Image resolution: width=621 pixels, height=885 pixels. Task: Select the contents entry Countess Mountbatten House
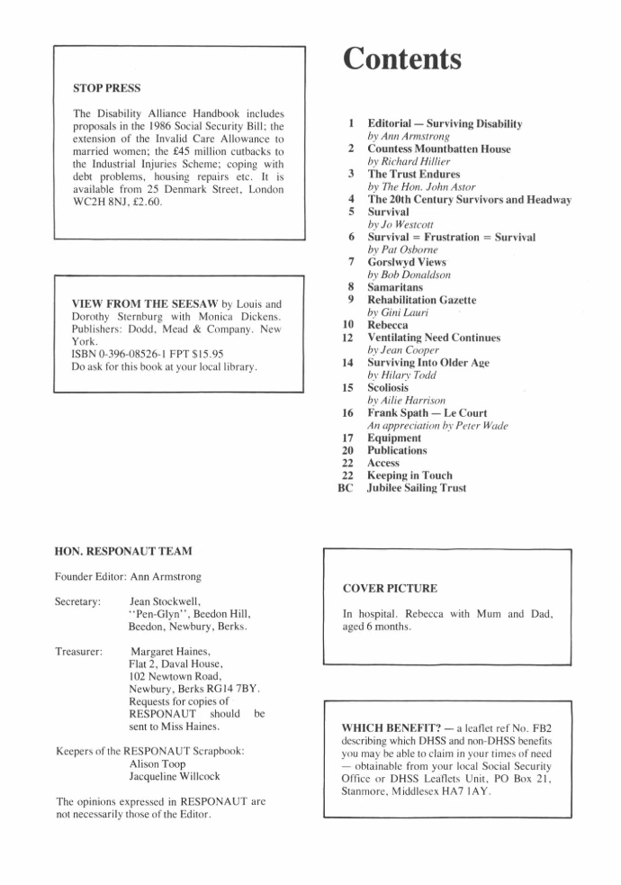pos(438,149)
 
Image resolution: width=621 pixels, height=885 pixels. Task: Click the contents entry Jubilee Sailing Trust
pos(417,488)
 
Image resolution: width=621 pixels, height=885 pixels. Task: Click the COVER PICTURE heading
pos(390,589)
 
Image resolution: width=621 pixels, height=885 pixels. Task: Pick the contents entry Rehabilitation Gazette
pos(422,300)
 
